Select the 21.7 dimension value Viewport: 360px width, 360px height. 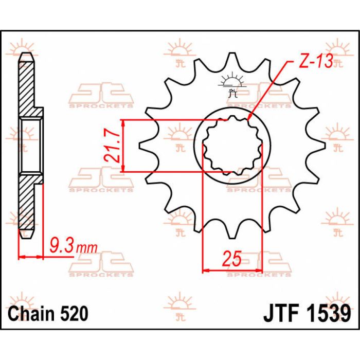click(114, 146)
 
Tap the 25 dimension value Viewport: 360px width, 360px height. click(232, 258)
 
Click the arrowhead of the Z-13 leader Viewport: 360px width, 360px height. click(248, 120)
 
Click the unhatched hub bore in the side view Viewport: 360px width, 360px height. click(30, 146)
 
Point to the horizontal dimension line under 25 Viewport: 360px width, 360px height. click(232, 269)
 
